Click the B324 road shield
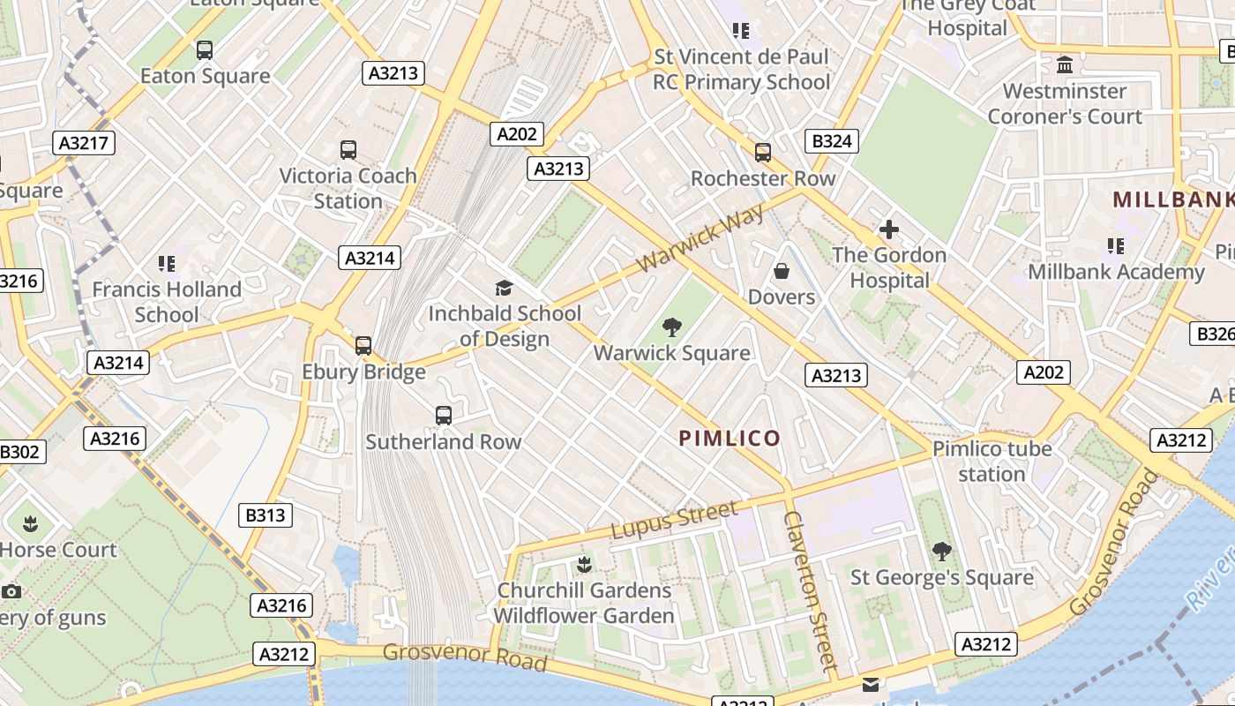click(x=832, y=141)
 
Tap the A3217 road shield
click(x=85, y=143)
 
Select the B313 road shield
click(x=266, y=514)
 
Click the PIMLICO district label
click(x=730, y=439)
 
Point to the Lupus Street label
click(x=674, y=520)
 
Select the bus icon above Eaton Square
click(x=205, y=50)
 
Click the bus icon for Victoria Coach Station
click(x=348, y=150)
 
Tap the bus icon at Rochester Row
click(x=763, y=153)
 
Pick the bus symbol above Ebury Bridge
click(x=363, y=346)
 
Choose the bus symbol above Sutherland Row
click(x=444, y=415)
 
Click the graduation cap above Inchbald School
click(x=504, y=288)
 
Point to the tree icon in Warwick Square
click(x=672, y=327)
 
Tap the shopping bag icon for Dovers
click(x=781, y=271)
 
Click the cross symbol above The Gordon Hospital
click(x=888, y=229)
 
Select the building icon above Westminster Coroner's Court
click(x=1065, y=65)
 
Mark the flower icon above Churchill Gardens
click(x=583, y=564)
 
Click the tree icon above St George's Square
click(x=941, y=552)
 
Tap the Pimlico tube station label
click(x=992, y=462)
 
